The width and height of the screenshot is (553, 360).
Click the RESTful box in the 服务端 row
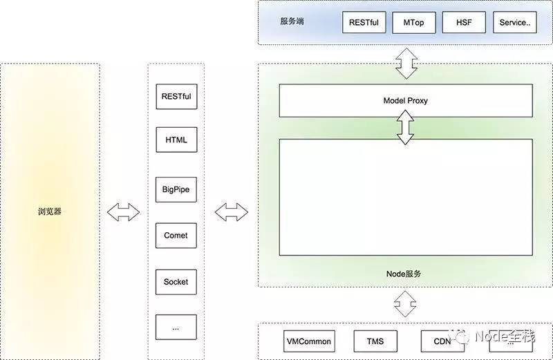click(364, 22)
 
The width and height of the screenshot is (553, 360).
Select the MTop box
click(414, 22)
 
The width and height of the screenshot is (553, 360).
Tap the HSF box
click(464, 22)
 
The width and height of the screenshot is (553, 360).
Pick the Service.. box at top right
click(514, 22)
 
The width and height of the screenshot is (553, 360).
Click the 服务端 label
click(291, 21)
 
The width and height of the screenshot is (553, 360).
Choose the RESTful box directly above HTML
click(176, 97)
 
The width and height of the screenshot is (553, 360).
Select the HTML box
click(176, 140)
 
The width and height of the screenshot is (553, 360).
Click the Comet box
click(176, 236)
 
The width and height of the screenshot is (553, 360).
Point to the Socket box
click(176, 282)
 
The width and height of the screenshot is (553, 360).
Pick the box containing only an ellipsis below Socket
click(176, 328)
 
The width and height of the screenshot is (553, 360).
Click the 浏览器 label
click(50, 211)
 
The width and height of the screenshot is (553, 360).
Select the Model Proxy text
click(406, 101)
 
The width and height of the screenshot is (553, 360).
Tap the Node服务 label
click(404, 274)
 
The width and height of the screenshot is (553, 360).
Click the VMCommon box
click(308, 341)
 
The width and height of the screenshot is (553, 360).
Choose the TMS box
click(376, 341)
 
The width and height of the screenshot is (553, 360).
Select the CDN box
click(442, 341)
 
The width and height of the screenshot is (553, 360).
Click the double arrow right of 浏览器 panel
click(124, 212)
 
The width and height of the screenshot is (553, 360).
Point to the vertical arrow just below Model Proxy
click(406, 128)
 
